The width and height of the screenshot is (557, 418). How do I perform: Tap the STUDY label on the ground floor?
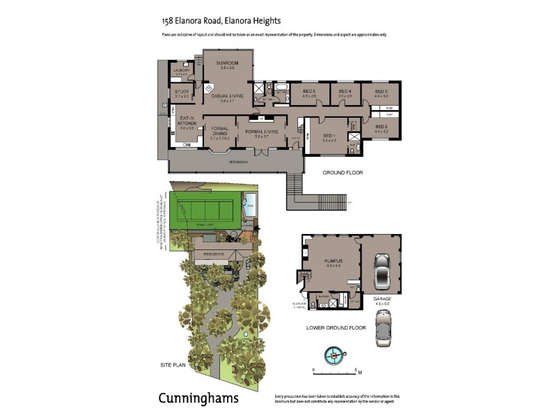182,91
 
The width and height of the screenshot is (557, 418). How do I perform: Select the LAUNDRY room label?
182,70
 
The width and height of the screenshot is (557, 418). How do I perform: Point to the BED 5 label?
309,91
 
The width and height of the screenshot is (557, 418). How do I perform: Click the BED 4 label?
345,91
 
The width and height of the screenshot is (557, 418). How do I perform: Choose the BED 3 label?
380,91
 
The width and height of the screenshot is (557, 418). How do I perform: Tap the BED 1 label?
328,135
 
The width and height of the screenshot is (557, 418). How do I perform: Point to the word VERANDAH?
238,162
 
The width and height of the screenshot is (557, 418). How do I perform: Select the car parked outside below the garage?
384,327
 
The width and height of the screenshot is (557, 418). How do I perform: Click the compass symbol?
334,355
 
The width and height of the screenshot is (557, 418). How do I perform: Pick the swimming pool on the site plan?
250,208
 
